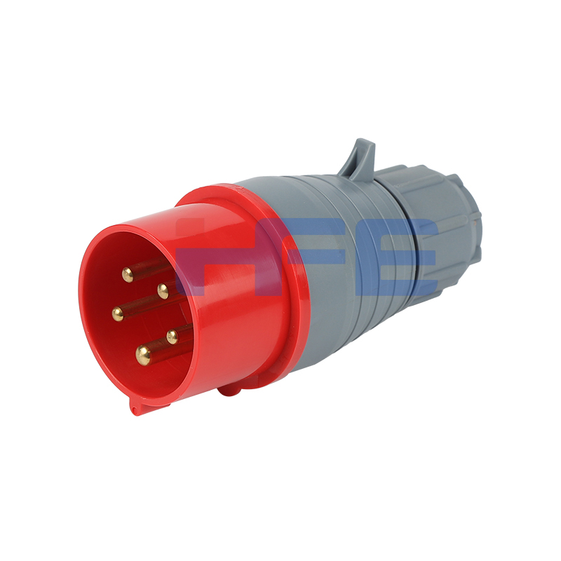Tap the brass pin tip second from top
[163, 291]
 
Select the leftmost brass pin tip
[118, 314]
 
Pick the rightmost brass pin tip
[172, 337]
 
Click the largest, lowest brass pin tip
[143, 354]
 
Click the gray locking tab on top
[360, 156]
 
